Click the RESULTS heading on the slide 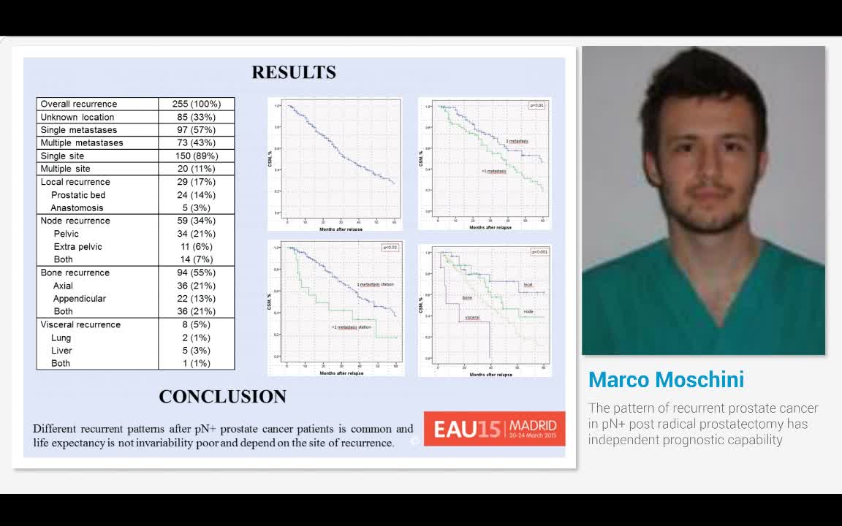[x=294, y=72]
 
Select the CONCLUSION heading [x=223, y=397]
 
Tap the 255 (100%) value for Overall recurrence [x=197, y=104]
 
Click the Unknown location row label [x=77, y=117]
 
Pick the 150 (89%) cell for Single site [x=197, y=156]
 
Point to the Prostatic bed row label [x=78, y=195]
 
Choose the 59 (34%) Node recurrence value [x=197, y=221]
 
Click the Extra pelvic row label [x=78, y=247]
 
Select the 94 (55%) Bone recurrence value [x=197, y=272]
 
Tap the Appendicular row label [x=80, y=299]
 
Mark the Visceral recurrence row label [x=80, y=324]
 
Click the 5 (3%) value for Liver [x=197, y=351]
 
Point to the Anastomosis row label [x=77, y=208]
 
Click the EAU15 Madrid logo [x=495, y=427]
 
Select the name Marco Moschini [x=666, y=380]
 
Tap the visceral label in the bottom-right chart [x=471, y=318]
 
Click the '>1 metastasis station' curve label [x=352, y=327]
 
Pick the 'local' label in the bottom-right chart [x=528, y=284]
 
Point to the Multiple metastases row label [x=82, y=142]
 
